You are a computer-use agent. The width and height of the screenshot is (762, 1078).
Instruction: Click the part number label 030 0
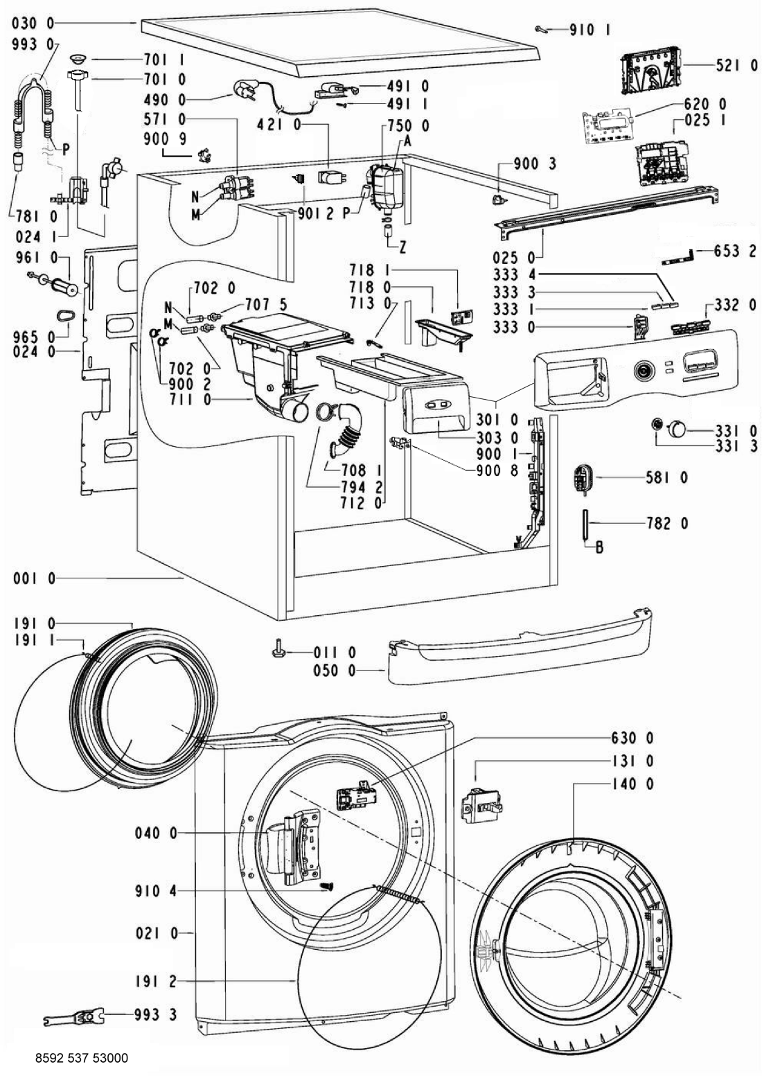click(33, 22)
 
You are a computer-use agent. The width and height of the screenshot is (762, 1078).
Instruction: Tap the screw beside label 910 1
click(541, 30)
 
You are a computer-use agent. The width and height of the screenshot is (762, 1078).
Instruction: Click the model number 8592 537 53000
click(82, 1058)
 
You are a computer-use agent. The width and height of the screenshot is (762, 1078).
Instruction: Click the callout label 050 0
click(335, 671)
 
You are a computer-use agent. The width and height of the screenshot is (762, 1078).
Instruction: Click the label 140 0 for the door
click(633, 784)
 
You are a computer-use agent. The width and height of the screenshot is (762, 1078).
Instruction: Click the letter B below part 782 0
click(599, 547)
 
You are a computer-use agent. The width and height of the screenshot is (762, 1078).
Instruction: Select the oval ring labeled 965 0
click(65, 316)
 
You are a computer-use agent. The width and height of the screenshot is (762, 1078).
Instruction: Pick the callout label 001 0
click(35, 578)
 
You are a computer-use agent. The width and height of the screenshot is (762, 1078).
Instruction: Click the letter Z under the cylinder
click(402, 247)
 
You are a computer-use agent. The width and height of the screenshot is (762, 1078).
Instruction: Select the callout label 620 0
click(705, 103)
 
